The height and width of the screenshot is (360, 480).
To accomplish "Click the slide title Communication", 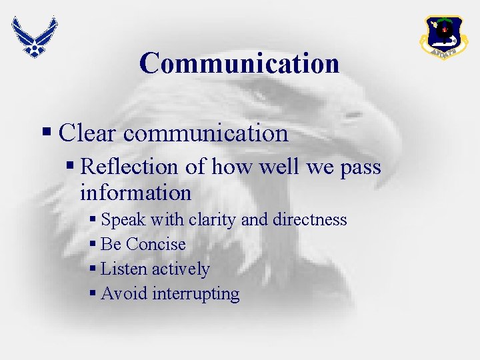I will (x=239, y=63).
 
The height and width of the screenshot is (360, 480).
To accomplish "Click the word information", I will (x=135, y=193).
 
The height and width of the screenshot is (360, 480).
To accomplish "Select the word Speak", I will (x=124, y=219).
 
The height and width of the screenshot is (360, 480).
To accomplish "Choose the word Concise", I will (x=156, y=244).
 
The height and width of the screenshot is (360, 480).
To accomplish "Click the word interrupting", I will (x=196, y=294).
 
